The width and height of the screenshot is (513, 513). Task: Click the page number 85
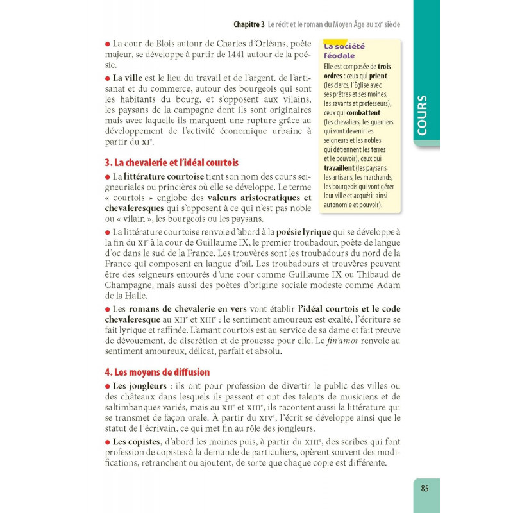tap(424, 487)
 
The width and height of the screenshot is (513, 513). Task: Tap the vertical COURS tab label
tap(422, 115)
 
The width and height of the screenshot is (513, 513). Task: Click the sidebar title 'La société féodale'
tap(344, 51)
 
